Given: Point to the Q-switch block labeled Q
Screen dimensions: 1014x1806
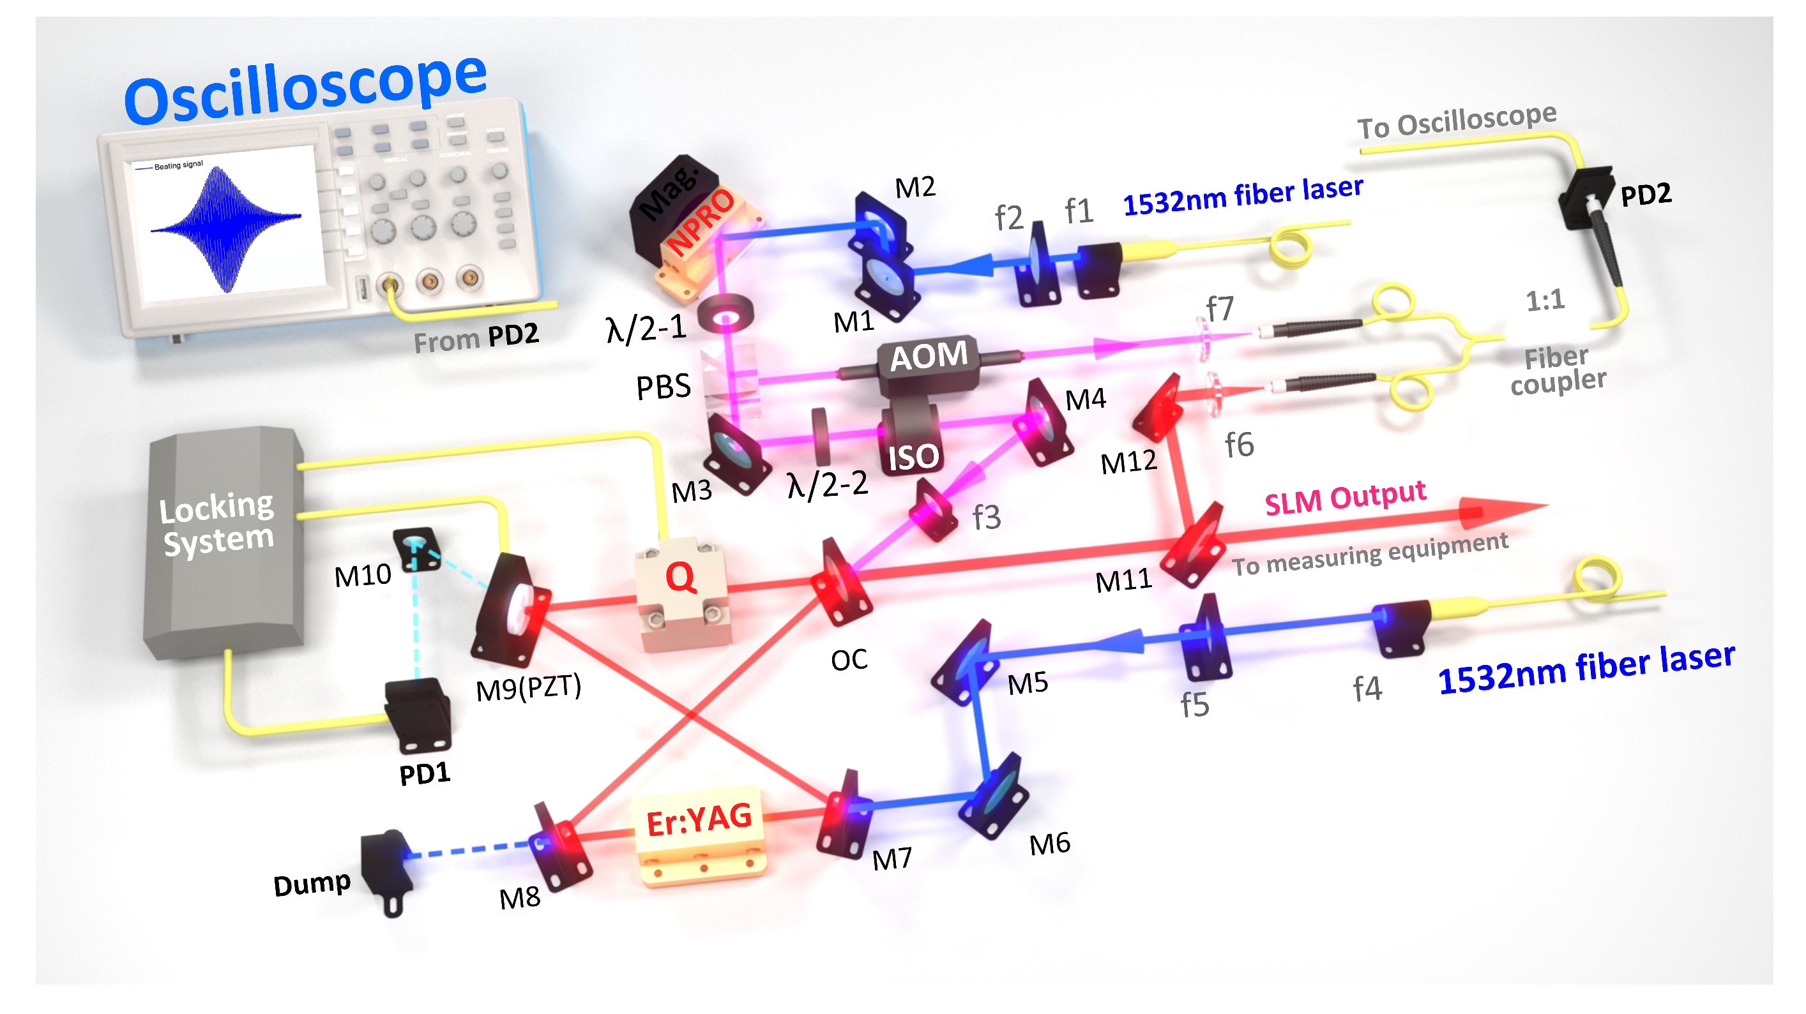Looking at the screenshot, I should [x=681, y=588].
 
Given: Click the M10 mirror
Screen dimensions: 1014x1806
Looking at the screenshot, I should [x=416, y=549].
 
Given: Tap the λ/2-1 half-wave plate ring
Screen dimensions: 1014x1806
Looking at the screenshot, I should [x=725, y=313].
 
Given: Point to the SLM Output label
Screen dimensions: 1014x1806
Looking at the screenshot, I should [x=1344, y=498].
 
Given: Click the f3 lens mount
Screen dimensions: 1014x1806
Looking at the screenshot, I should [x=934, y=512].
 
